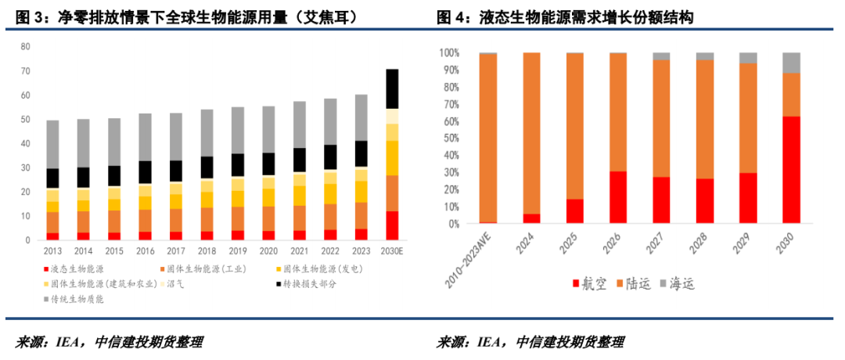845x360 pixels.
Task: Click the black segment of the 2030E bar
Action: click(392, 88)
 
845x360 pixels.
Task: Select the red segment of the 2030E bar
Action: click(392, 225)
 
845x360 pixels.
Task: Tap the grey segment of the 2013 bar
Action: click(52, 144)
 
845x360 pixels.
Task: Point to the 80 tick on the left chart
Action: click(24, 47)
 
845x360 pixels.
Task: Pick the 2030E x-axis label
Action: click(392, 252)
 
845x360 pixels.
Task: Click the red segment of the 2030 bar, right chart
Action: click(791, 170)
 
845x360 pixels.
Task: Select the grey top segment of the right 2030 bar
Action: click(791, 63)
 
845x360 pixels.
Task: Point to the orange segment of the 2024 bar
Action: click(531, 133)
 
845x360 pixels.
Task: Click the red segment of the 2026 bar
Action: click(618, 197)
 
